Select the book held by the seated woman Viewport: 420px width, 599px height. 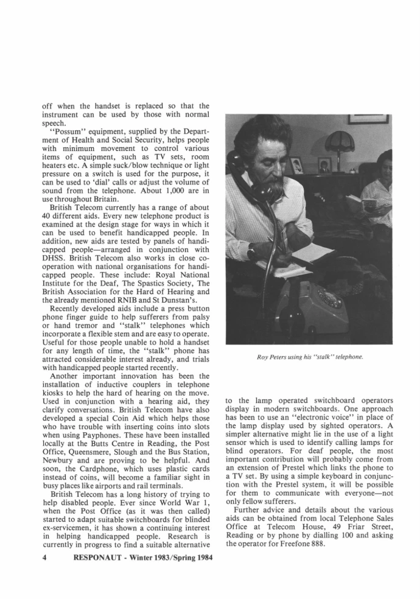[x=354, y=202]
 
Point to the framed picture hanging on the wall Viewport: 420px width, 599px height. [x=368, y=118]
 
